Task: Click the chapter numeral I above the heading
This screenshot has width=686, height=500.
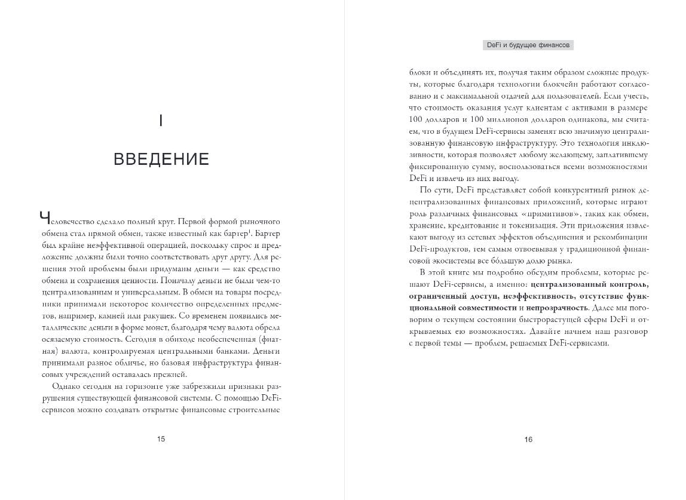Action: pos(161,121)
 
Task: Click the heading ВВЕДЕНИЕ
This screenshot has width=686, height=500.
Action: pos(161,159)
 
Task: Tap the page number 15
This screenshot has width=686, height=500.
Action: pos(161,439)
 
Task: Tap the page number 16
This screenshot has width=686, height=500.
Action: pos(528,440)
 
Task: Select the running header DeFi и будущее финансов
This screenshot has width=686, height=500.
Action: pos(528,45)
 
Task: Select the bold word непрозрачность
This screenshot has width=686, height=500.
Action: pos(554,308)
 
